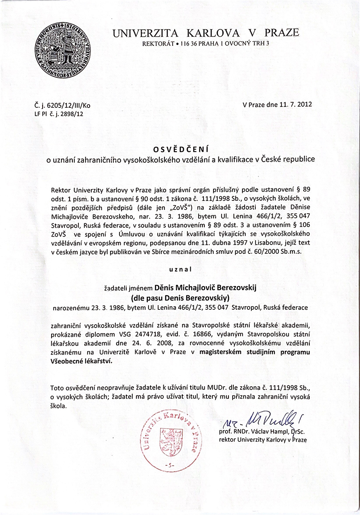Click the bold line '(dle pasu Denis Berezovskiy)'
point(180,298)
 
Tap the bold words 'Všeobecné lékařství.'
point(82,361)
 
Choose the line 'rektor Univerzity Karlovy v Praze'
point(263,440)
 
